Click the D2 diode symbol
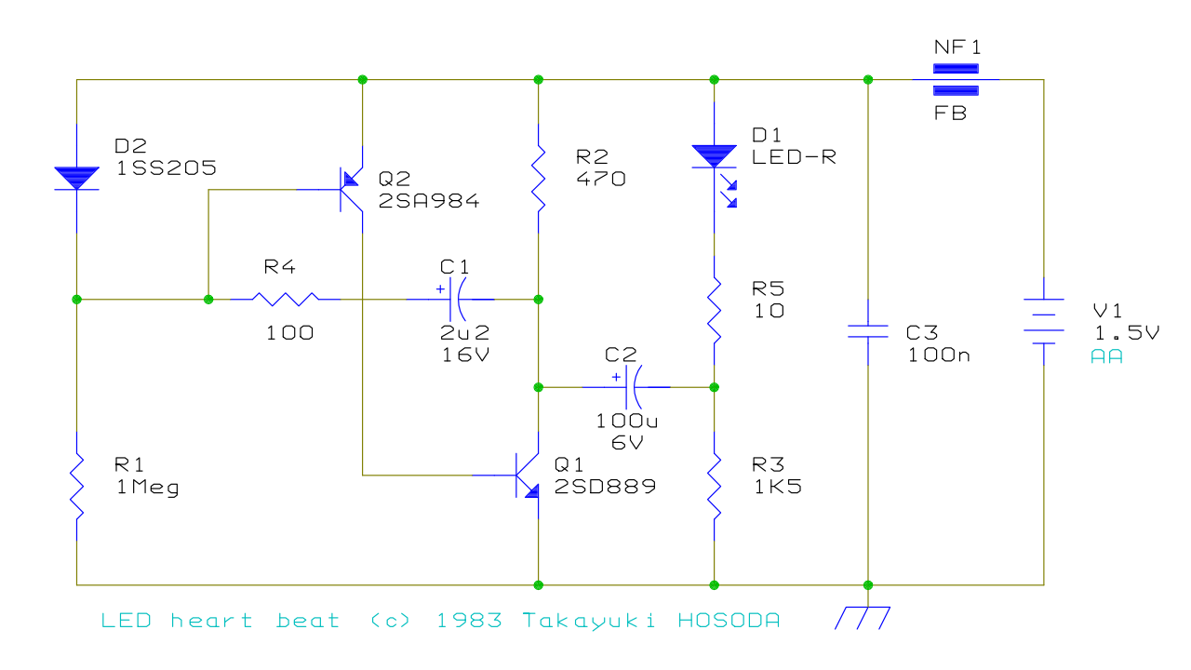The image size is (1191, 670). coord(76,178)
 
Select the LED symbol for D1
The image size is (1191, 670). coord(715,158)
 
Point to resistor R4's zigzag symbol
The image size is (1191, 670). coord(287,299)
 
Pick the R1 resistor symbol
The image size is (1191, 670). coord(76,489)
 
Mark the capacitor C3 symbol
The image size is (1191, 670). coord(867,331)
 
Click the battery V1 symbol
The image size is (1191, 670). coord(1043,321)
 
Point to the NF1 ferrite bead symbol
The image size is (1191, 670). coord(956,80)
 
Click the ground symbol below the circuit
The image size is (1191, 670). coord(863,617)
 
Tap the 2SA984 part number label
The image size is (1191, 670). coord(429,200)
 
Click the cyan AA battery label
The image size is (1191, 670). coord(1106,355)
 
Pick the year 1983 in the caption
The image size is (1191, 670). coord(469,621)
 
